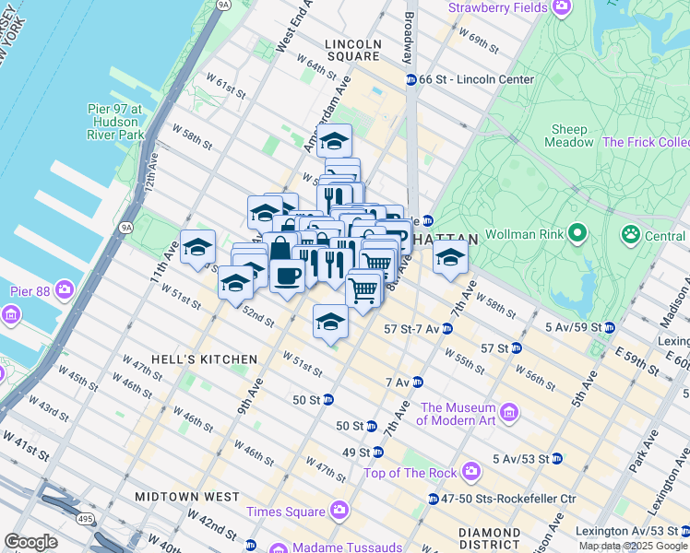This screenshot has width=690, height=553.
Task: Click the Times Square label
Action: pos(285,512)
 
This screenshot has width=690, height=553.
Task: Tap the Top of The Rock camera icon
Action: pos(471,472)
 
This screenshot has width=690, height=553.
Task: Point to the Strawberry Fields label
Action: pos(496,8)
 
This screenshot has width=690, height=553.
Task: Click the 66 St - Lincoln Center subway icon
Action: pos(411,79)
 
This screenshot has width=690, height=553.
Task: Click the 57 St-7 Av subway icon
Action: pos(446,329)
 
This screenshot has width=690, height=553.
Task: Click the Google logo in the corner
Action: pos(30,542)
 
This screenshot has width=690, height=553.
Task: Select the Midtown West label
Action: pos(187,496)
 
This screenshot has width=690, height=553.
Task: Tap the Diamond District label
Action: pos(490,540)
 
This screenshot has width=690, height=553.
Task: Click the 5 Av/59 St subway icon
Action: pos(609,327)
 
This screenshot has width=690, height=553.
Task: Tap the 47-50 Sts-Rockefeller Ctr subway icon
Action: pos(433,499)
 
